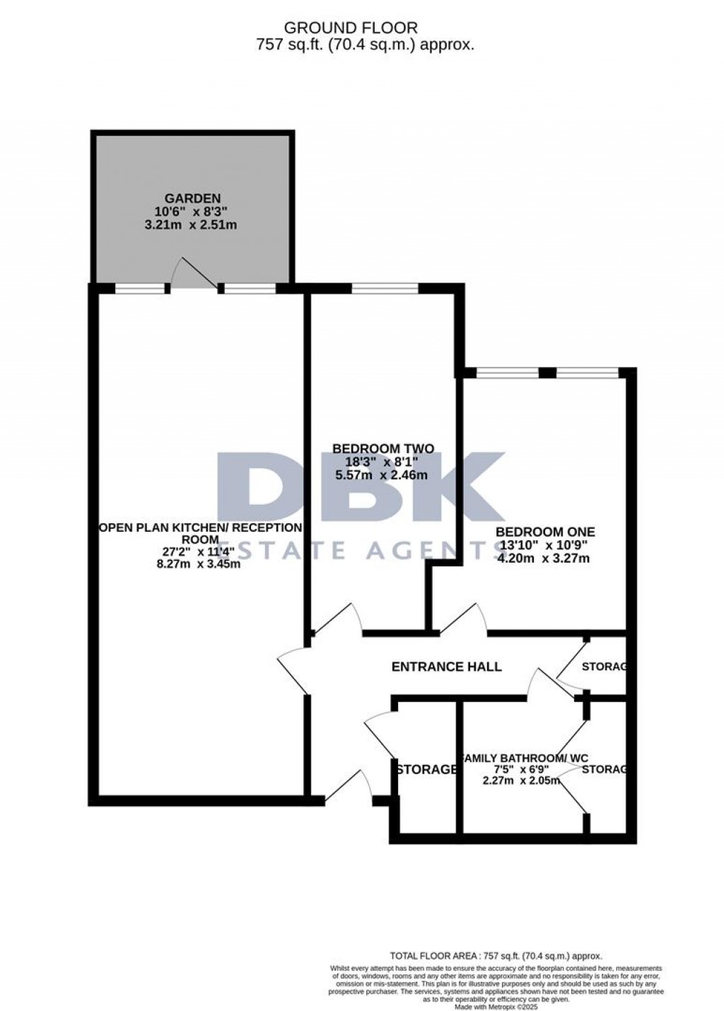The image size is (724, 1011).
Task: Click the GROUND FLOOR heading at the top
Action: [x=351, y=28]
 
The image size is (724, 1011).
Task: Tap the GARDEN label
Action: [x=192, y=199]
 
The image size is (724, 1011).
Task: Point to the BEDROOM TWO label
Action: [x=383, y=448]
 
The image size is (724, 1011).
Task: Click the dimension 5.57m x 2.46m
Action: [x=383, y=475]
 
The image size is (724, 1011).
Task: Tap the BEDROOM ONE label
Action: [x=544, y=532]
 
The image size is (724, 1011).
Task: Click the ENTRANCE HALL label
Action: [x=446, y=667]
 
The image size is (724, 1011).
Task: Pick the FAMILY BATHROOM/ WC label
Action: [x=524, y=759]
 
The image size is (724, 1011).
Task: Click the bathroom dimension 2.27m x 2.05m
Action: [x=521, y=781]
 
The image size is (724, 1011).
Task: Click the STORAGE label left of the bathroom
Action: [x=426, y=769]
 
